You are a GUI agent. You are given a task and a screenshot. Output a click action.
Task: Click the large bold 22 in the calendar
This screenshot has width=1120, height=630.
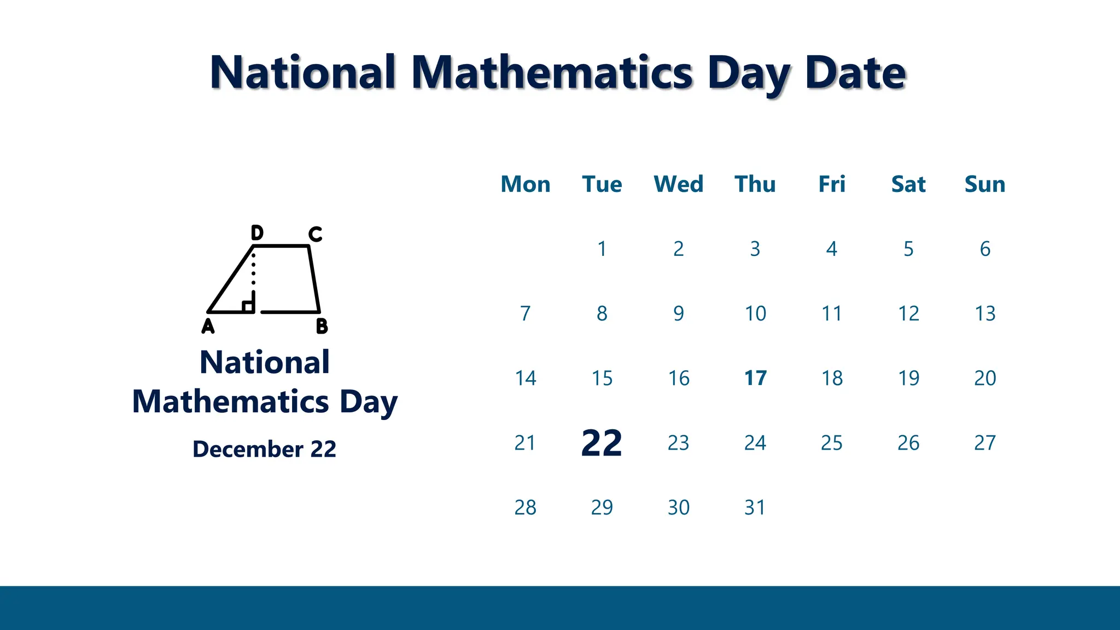602,443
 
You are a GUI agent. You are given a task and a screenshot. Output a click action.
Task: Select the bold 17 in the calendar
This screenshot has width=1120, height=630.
755,378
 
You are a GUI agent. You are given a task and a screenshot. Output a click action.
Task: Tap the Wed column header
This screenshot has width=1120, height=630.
678,184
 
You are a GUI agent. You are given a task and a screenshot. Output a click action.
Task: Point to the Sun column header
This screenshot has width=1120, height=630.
984,184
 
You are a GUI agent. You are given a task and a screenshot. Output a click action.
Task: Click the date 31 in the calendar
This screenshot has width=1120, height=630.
755,507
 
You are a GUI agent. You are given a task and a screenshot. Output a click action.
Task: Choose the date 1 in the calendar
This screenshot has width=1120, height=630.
602,249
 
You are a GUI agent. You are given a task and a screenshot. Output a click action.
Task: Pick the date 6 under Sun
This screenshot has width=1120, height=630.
984,249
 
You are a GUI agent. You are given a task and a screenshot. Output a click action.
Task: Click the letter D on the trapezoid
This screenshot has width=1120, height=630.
257,233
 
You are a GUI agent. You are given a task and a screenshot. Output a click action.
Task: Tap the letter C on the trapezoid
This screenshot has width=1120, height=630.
315,234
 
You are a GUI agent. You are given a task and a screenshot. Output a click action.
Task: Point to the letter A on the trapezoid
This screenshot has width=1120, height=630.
208,326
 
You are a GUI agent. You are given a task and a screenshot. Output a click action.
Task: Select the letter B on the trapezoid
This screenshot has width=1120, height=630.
322,326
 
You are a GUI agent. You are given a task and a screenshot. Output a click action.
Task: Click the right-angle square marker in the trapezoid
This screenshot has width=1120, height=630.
248,306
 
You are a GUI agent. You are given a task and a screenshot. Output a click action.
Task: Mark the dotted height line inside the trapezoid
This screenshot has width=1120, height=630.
253,273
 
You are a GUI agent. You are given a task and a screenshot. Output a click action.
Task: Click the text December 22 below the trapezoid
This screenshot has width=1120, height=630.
264,449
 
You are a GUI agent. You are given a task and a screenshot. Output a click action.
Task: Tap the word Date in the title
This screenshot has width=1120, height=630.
855,73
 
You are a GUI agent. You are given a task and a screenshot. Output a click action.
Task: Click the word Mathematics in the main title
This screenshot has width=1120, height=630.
552,73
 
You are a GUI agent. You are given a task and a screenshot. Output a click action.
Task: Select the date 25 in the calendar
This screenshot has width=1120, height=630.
831,442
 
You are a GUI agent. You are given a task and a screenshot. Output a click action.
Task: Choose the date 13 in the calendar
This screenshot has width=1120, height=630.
985,313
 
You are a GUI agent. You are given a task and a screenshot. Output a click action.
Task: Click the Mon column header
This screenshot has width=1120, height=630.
525,184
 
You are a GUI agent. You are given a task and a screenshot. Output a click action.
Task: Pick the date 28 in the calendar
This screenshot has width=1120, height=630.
525,507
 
